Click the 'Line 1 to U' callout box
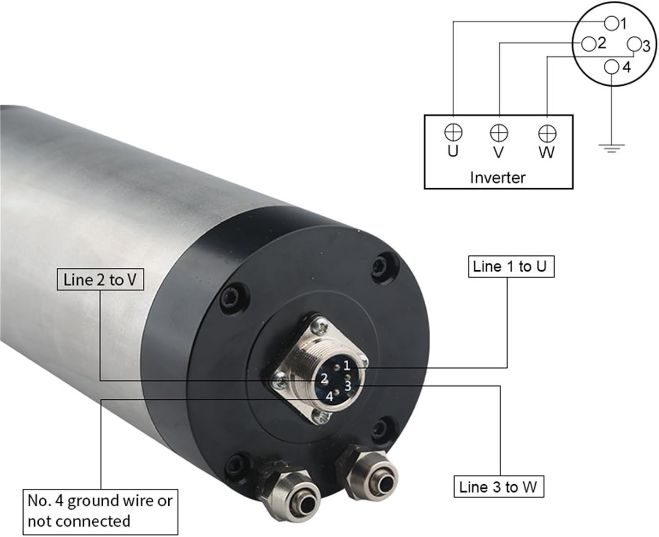pos(511,266)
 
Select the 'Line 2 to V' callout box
pos(100,279)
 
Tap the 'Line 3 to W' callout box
pos(498,486)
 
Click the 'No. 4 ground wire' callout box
pos(100,511)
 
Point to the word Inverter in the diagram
pos(497,178)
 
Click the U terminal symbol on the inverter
pos(453,132)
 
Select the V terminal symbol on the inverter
pos(499,132)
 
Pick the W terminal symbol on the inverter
pos(547,133)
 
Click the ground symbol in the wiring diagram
pos(611,148)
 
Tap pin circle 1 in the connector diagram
pos(611,22)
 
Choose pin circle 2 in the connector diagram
pos(588,44)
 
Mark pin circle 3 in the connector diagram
pos(634,44)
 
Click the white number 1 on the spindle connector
pos(347,365)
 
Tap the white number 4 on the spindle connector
pos(329,396)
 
